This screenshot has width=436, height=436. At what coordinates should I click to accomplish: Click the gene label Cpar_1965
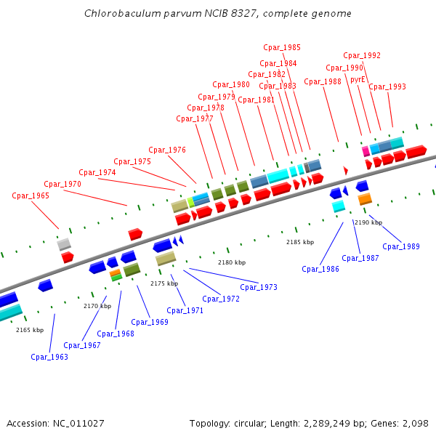[31, 195]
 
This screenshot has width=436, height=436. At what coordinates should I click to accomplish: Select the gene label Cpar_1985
[282, 47]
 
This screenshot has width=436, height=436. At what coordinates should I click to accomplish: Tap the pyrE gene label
[358, 79]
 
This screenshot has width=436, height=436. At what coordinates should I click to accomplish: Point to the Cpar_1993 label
[387, 86]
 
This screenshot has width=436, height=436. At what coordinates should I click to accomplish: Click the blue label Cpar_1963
[49, 357]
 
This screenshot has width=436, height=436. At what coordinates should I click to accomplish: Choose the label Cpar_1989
[401, 246]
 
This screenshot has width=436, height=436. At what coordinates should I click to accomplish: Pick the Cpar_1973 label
[259, 287]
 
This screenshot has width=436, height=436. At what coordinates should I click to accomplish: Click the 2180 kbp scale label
[232, 262]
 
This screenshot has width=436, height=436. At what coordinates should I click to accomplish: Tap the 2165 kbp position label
[30, 330]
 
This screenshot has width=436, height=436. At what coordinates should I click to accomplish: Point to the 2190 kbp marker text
[368, 222]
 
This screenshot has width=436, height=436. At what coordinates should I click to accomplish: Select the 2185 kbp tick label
[300, 242]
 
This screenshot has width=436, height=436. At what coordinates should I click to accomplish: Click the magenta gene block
[366, 151]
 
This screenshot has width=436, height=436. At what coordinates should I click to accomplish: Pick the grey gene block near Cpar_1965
[64, 244]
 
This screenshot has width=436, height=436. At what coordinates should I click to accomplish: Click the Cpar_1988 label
[323, 81]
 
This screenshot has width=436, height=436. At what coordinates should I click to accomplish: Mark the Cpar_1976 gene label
[167, 150]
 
